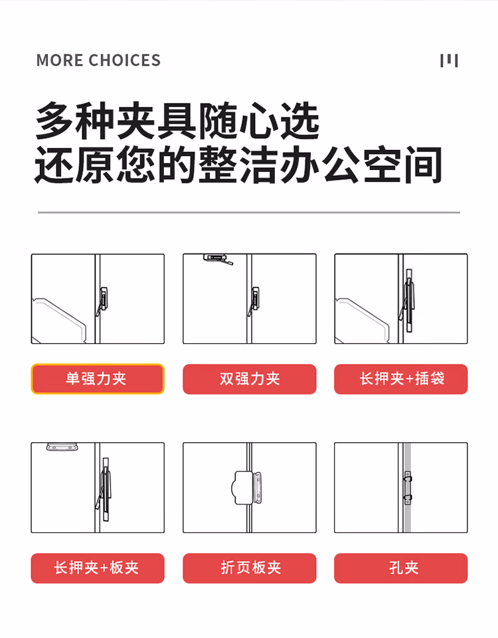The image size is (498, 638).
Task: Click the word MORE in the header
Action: (60, 60)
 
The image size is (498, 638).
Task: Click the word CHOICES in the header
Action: (125, 60)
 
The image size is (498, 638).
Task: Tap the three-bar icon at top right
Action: (449, 60)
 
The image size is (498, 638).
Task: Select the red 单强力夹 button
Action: (98, 379)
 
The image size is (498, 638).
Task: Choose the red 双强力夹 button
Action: (250, 379)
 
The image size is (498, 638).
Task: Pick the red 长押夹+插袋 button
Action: (401, 379)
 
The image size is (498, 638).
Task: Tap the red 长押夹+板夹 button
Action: (98, 568)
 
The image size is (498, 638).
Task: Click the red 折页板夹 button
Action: (250, 568)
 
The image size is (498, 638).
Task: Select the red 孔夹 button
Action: (401, 568)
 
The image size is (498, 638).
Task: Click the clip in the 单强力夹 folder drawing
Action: (103, 301)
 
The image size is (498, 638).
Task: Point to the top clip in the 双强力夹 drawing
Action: (218, 259)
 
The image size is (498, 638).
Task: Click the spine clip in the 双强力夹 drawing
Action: (254, 301)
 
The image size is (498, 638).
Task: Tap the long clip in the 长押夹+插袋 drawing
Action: (408, 300)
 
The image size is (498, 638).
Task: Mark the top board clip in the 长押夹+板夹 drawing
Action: (62, 447)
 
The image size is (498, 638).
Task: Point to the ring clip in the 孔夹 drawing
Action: (408, 488)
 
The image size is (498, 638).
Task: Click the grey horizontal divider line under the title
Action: (249, 212)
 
